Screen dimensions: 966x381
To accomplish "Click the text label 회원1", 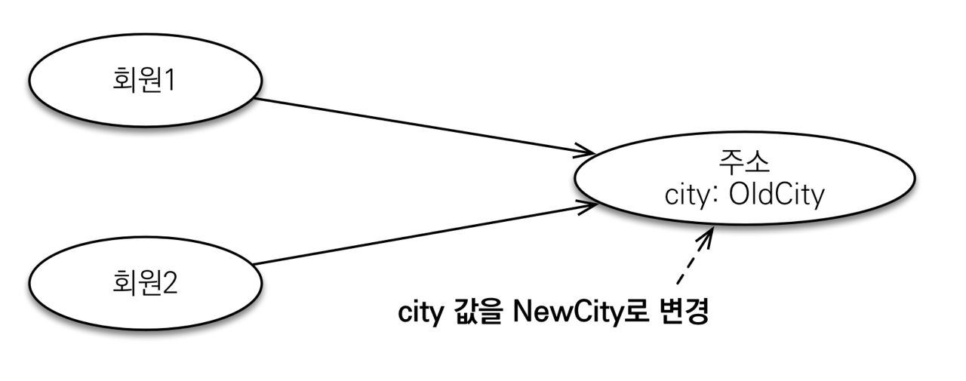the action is [144, 79].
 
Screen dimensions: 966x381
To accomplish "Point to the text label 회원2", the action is [144, 285].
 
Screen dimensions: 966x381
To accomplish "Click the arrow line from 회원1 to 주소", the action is [423, 125].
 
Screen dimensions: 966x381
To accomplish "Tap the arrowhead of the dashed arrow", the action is [708, 235].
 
